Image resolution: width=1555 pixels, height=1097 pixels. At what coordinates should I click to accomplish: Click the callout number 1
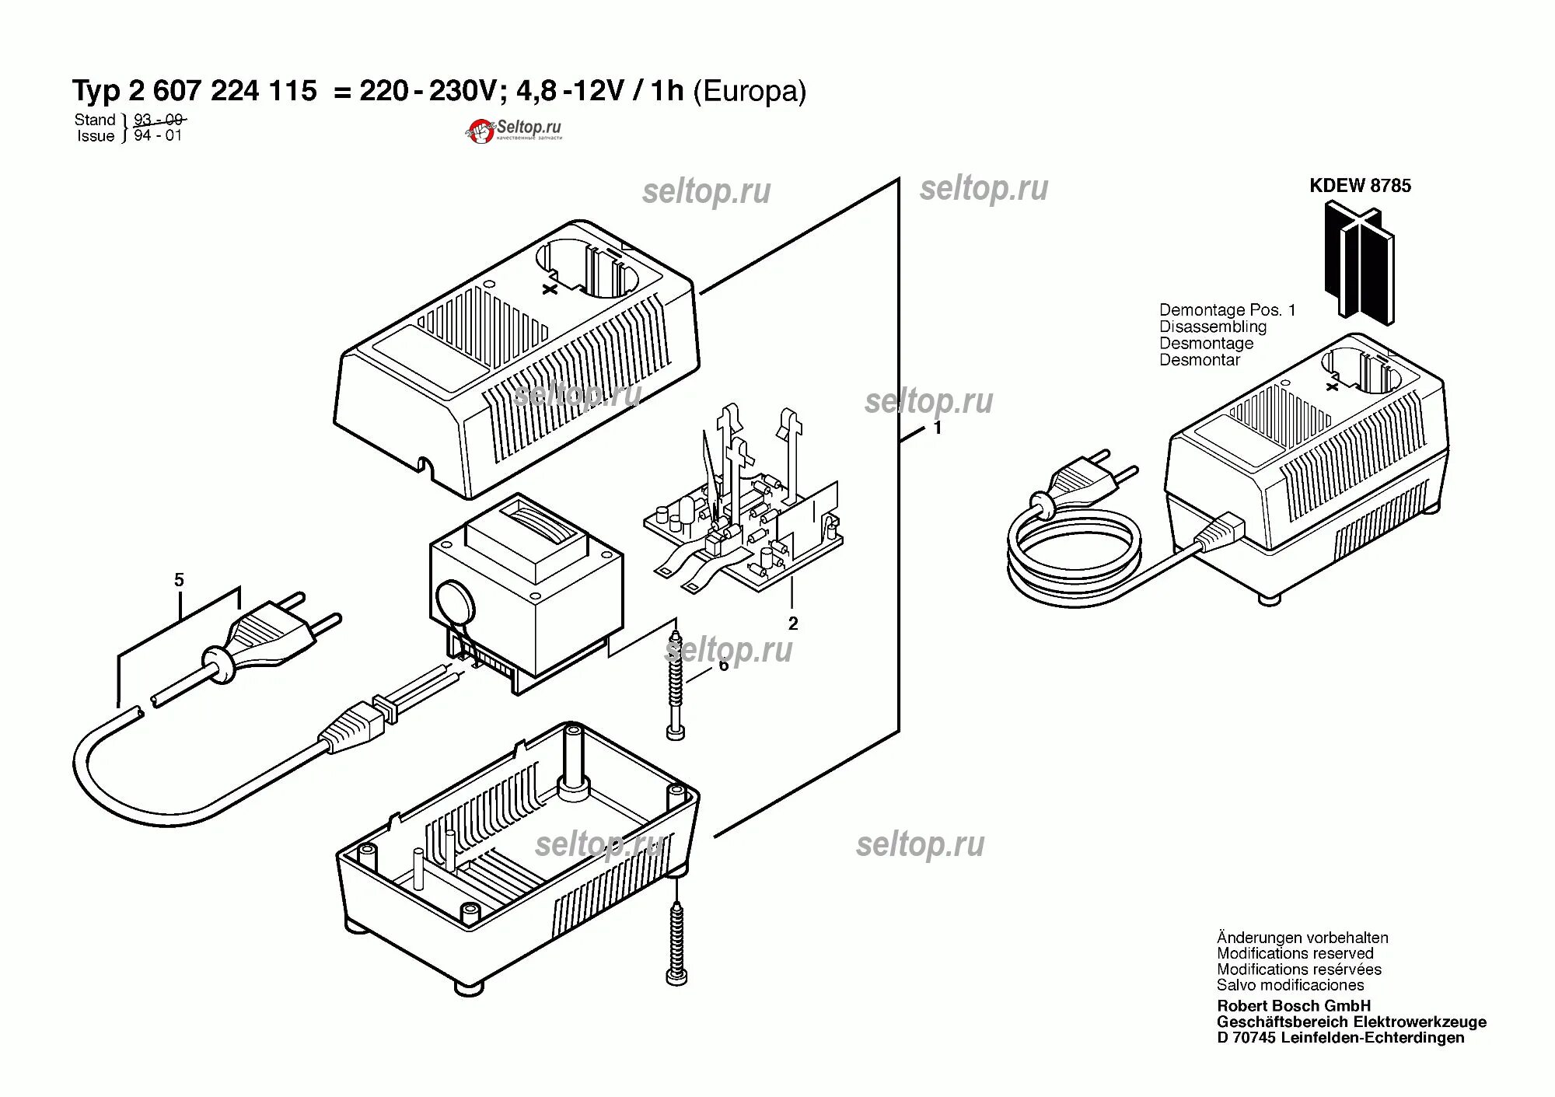[x=938, y=428]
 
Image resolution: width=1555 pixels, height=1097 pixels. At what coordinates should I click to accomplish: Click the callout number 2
[x=793, y=624]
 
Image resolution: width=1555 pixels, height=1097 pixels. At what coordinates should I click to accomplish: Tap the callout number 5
[x=179, y=580]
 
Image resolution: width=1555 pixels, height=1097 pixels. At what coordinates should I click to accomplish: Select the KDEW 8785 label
[x=1360, y=186]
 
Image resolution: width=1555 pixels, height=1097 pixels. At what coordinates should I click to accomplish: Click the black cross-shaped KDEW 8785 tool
[x=1360, y=260]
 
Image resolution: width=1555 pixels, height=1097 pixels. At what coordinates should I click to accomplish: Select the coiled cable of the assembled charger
[x=1073, y=556]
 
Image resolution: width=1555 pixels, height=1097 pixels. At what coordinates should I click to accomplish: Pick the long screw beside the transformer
[x=675, y=684]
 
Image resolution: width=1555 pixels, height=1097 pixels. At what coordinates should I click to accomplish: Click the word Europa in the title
[x=750, y=92]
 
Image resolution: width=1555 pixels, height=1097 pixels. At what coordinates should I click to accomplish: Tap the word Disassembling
[x=1212, y=327]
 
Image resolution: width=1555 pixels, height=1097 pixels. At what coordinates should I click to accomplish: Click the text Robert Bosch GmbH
[x=1294, y=1006]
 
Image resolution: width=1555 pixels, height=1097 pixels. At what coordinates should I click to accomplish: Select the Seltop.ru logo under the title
[x=514, y=130]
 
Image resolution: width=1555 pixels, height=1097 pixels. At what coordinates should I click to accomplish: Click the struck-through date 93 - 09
[x=158, y=120]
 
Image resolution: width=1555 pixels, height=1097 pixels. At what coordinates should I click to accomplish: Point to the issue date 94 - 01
[x=158, y=135]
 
